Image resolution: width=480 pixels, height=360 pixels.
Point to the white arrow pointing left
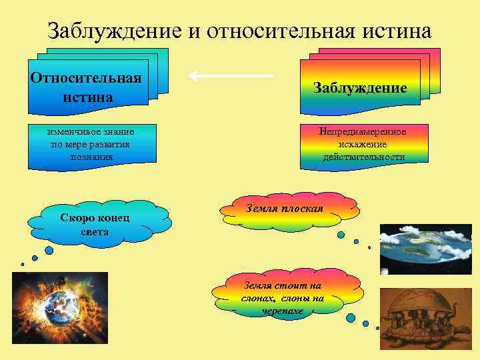(231, 75)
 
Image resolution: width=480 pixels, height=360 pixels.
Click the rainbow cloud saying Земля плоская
(285, 208)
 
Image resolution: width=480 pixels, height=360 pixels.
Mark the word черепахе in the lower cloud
(283, 311)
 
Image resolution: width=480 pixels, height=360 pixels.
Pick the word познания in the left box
(91, 156)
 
